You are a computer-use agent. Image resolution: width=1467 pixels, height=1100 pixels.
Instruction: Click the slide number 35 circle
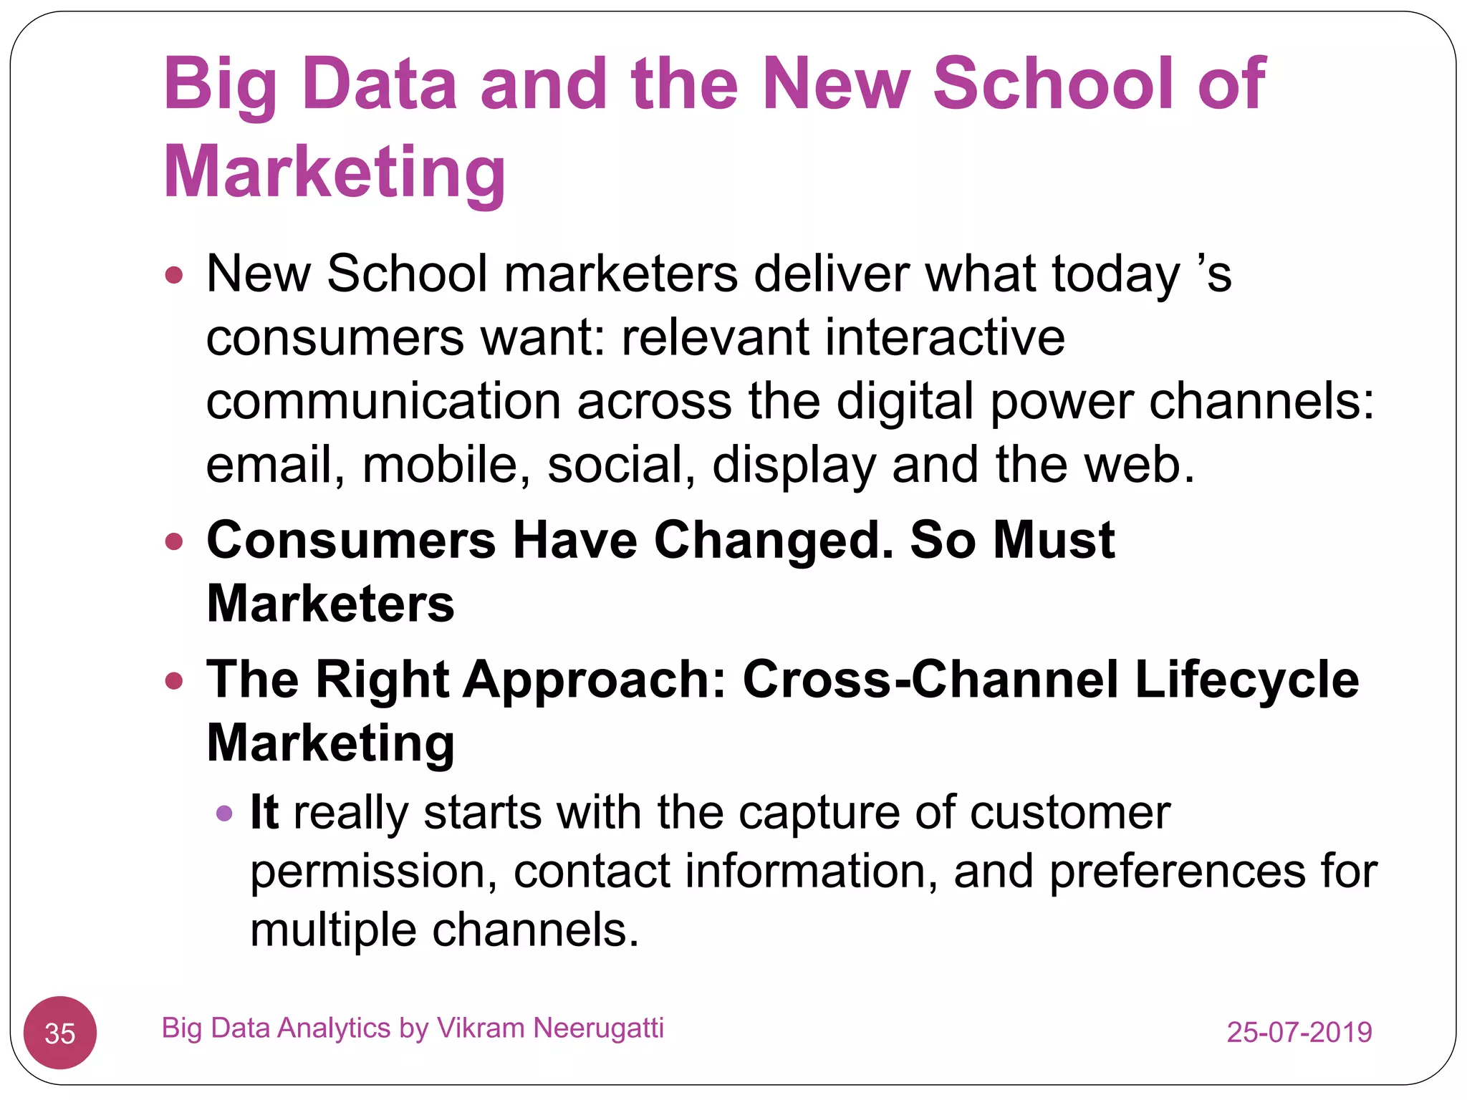60,1033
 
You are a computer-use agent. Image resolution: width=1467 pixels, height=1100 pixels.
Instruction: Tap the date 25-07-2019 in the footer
1299,1032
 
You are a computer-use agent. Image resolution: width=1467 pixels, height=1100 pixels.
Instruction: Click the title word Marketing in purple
335,172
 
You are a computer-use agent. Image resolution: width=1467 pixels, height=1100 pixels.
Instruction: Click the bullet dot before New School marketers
174,275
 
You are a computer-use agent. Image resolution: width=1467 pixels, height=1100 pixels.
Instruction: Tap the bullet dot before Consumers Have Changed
174,541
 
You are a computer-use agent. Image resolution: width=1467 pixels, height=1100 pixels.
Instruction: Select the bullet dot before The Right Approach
174,680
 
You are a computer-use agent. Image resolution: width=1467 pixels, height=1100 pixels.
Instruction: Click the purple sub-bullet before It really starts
224,813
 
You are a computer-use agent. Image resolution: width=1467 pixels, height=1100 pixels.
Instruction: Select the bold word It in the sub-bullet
264,812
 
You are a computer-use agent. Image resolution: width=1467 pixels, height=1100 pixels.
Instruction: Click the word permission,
373,872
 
